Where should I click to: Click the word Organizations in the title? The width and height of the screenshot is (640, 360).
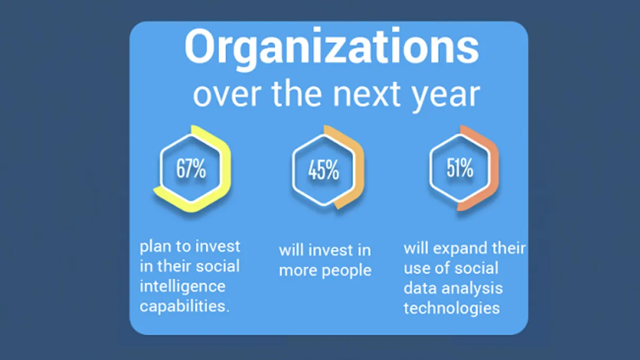332,49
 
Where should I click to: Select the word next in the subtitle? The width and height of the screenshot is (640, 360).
366,93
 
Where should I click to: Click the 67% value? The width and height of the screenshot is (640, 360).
191,169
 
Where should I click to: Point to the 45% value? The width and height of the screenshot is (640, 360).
323,170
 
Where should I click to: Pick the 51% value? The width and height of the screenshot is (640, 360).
460,168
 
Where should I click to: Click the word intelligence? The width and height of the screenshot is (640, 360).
182,286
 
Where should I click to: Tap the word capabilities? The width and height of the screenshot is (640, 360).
185,307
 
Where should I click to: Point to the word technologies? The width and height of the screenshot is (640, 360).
452,309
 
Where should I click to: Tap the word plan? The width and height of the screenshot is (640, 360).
155,247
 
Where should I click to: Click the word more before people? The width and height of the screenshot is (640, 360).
298,270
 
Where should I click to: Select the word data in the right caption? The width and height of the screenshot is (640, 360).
421,288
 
